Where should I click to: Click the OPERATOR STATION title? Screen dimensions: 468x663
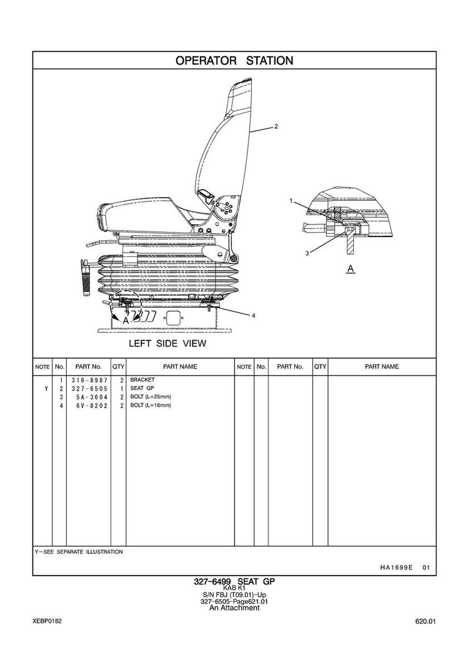(234, 60)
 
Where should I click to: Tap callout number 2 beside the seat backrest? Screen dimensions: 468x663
(276, 126)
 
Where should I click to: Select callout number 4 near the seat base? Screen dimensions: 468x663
(253, 316)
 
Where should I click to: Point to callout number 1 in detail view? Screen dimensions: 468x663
(291, 201)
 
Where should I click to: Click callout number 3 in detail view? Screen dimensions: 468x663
(307, 253)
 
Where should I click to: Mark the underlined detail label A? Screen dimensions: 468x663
(350, 269)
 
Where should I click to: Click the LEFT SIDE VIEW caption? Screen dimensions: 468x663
(167, 343)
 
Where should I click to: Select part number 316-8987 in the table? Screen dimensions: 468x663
(89, 380)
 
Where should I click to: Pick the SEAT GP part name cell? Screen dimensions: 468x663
(142, 388)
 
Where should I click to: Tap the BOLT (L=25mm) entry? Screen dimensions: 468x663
(150, 396)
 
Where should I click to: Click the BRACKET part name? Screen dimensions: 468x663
(142, 380)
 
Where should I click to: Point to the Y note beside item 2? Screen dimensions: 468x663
(46, 389)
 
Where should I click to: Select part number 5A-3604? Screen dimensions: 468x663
(92, 397)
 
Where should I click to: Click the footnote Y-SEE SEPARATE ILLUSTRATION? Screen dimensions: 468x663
(79, 552)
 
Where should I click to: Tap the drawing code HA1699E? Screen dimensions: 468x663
(396, 568)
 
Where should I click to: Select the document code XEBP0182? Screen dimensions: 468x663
(47, 621)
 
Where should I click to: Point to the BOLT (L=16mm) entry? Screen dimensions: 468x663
(150, 405)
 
